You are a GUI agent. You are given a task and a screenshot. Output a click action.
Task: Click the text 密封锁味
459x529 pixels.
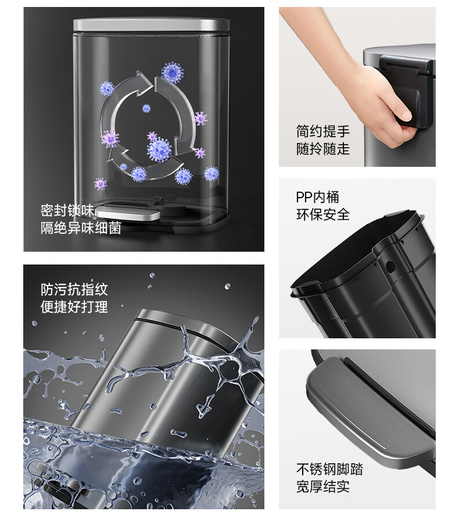coord(67,210)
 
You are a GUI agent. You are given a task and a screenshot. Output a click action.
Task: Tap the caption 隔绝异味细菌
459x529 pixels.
coord(81,228)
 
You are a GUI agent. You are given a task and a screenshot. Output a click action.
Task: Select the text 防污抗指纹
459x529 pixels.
coord(74,289)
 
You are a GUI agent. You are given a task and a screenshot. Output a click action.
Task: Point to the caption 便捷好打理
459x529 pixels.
coord(74,307)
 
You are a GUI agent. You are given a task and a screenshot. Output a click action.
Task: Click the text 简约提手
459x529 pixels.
coord(323,131)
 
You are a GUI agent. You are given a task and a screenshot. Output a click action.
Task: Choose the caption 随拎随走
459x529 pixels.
coord(323,149)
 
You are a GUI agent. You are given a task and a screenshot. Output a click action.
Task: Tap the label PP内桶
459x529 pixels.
coord(317,197)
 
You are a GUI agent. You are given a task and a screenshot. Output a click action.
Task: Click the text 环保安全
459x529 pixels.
coord(323,215)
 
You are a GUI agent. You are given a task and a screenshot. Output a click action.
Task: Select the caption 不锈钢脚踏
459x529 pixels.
coord(329,469)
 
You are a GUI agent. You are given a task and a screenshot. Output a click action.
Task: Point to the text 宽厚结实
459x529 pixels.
coord(323,487)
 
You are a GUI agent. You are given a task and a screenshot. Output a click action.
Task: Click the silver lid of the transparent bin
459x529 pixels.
coord(152,25)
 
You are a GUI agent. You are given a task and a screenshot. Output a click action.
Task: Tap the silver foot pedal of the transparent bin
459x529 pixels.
coord(128,213)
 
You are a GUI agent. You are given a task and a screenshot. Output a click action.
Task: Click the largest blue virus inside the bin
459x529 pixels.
coord(159,149)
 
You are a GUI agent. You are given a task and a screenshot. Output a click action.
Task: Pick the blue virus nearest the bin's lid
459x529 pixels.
coord(173,72)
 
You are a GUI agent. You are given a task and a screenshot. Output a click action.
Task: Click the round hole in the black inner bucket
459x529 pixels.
coord(390,266)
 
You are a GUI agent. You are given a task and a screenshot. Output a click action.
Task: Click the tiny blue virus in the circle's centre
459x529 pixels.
coord(146,108)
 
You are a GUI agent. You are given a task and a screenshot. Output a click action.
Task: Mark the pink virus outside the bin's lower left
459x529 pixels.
coord(100,184)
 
